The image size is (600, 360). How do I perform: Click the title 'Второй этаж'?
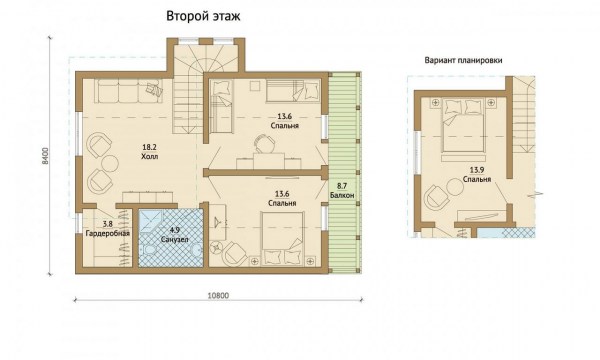[x=203, y=16]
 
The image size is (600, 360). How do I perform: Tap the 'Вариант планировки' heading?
[x=463, y=60]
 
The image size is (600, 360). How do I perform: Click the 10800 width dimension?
[x=218, y=295]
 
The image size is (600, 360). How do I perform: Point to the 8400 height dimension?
[x=46, y=156]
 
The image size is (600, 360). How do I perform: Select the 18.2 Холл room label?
[x=150, y=152]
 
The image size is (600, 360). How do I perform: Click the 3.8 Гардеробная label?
[x=108, y=229]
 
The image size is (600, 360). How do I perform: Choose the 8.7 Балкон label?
[x=342, y=191]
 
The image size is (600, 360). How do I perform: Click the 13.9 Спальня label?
[x=477, y=175]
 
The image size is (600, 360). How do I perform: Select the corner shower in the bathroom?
[x=150, y=222]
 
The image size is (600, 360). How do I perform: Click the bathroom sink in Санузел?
[x=196, y=251]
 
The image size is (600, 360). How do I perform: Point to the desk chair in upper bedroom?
[x=265, y=144]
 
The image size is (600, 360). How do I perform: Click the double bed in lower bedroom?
[x=282, y=238]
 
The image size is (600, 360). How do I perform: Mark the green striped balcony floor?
[x=344, y=173]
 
